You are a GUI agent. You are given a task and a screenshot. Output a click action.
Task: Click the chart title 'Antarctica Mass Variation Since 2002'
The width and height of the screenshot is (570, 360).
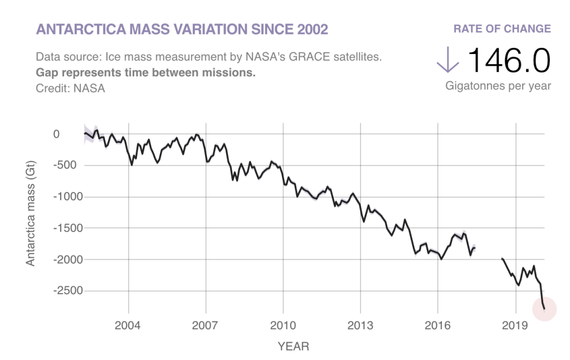[182, 30]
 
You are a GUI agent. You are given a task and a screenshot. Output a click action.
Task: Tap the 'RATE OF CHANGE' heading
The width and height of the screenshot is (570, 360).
[502, 29]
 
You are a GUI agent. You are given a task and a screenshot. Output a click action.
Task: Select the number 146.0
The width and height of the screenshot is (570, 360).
[509, 60]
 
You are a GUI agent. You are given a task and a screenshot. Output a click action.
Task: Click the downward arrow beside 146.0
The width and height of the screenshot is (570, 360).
[447, 60]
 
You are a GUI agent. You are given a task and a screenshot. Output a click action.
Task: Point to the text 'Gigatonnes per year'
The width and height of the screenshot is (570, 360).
[498, 86]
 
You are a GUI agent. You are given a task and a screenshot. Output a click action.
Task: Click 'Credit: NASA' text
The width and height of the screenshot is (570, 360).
[70, 87]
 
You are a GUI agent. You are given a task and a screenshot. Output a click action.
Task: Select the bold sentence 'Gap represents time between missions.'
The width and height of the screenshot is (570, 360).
[145, 72]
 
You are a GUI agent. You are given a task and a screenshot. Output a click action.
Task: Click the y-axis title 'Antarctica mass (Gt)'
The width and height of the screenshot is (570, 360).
[31, 212]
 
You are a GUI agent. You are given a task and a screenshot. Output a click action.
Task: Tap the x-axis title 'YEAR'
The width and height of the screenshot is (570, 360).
[293, 347]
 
